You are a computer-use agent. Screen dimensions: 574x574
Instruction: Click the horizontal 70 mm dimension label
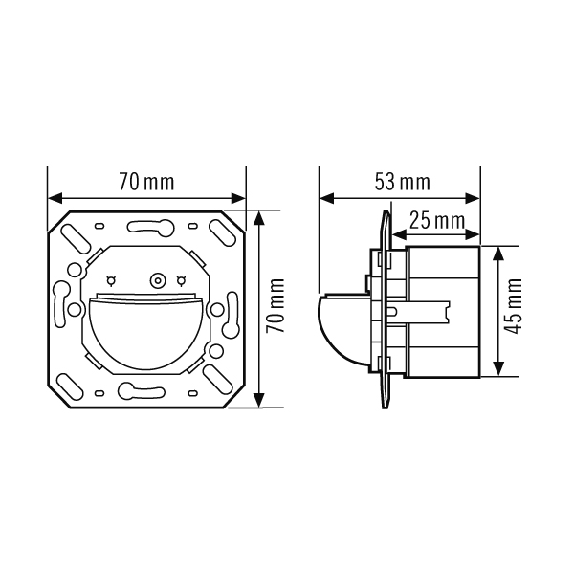pos(146,183)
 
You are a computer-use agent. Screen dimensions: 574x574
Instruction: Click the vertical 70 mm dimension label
pos(276,306)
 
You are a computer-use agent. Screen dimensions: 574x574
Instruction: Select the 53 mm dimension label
pos(403,183)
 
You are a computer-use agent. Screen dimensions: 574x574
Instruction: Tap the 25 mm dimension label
pos(437,221)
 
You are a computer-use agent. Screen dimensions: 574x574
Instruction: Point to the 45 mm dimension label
pos(513,306)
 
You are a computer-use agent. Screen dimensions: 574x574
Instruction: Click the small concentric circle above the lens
pos(158,281)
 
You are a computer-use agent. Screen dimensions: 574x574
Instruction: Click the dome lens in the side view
pos(342,326)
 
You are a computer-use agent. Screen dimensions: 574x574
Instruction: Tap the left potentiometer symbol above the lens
pos(111,281)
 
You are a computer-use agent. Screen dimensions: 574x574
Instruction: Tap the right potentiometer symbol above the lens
pos(181,281)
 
